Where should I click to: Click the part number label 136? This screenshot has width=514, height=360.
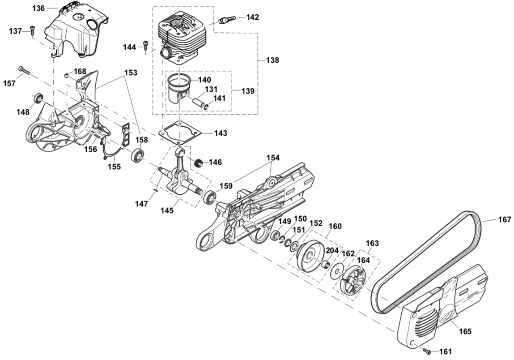click(x=39, y=8)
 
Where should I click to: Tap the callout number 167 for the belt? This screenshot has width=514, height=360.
click(x=504, y=219)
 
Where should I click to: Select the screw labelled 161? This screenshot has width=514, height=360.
click(x=428, y=352)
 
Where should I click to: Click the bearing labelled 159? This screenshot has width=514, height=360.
click(x=210, y=197)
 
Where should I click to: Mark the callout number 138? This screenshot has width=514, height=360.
click(x=272, y=60)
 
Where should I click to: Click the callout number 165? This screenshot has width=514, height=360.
click(x=465, y=331)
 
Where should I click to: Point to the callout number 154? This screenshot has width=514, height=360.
click(x=273, y=158)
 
